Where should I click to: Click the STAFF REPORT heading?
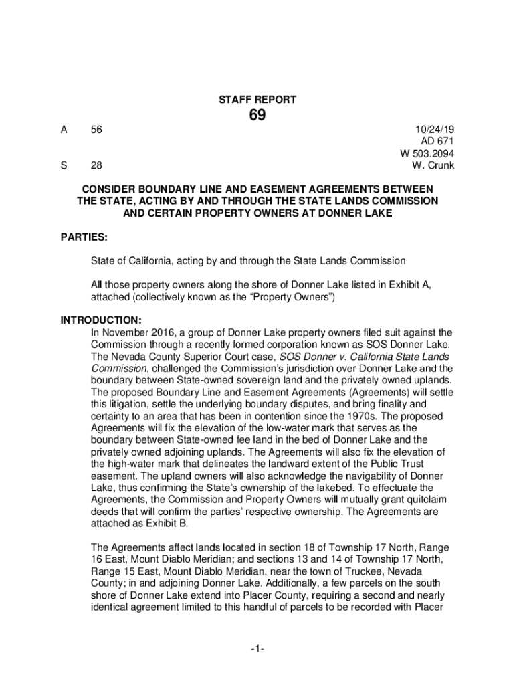point(257,100)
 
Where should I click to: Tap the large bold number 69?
point(257,116)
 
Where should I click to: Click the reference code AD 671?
point(437,142)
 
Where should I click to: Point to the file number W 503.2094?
point(427,153)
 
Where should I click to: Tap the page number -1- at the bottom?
point(257,648)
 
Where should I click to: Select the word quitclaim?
point(414,500)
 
